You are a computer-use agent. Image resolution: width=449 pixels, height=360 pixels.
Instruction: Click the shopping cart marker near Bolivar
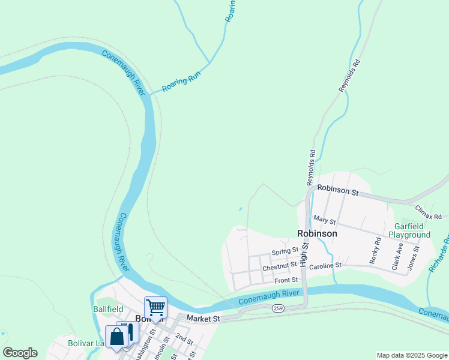tap(155, 308)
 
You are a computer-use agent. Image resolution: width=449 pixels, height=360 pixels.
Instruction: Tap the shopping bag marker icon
tap(116, 337)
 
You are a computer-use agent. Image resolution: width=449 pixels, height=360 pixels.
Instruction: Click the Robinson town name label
tap(317, 233)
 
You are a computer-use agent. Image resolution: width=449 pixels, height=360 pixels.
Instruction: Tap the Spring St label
tap(285, 251)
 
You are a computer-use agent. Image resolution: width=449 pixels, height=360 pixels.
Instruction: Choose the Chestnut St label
tap(280, 265)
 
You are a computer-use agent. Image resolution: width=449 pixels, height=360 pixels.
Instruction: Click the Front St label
tap(286, 280)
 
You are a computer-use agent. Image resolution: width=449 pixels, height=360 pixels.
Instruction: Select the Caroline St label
tap(325, 265)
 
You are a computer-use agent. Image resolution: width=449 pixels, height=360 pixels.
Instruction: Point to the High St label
tap(304, 254)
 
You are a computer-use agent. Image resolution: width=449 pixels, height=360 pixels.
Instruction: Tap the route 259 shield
tap(277, 308)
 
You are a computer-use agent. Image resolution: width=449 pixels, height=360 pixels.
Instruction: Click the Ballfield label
tap(108, 309)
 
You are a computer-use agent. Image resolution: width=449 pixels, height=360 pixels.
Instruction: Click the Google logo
tap(20, 353)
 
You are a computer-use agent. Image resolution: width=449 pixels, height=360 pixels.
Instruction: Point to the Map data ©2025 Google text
tap(411, 355)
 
